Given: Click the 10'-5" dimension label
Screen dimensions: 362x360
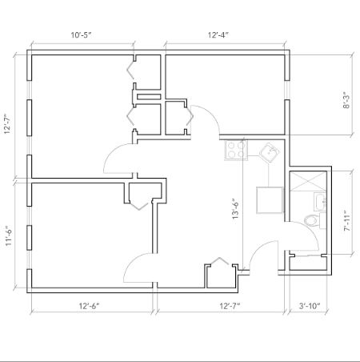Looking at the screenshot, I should point(80,34).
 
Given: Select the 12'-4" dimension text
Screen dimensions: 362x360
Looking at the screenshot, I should point(218,34).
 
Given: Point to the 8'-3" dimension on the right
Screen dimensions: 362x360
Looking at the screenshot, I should point(346,99).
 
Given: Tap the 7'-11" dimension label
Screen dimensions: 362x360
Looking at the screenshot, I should point(346,215).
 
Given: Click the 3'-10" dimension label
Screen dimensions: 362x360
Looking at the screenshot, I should point(310,305).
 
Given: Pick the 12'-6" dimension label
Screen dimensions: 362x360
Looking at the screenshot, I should point(89,305).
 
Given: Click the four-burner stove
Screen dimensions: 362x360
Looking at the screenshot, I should point(235,149).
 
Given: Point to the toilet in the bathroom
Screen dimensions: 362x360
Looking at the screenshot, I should point(313,219).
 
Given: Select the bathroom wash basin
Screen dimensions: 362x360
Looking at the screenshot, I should point(320,201).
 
